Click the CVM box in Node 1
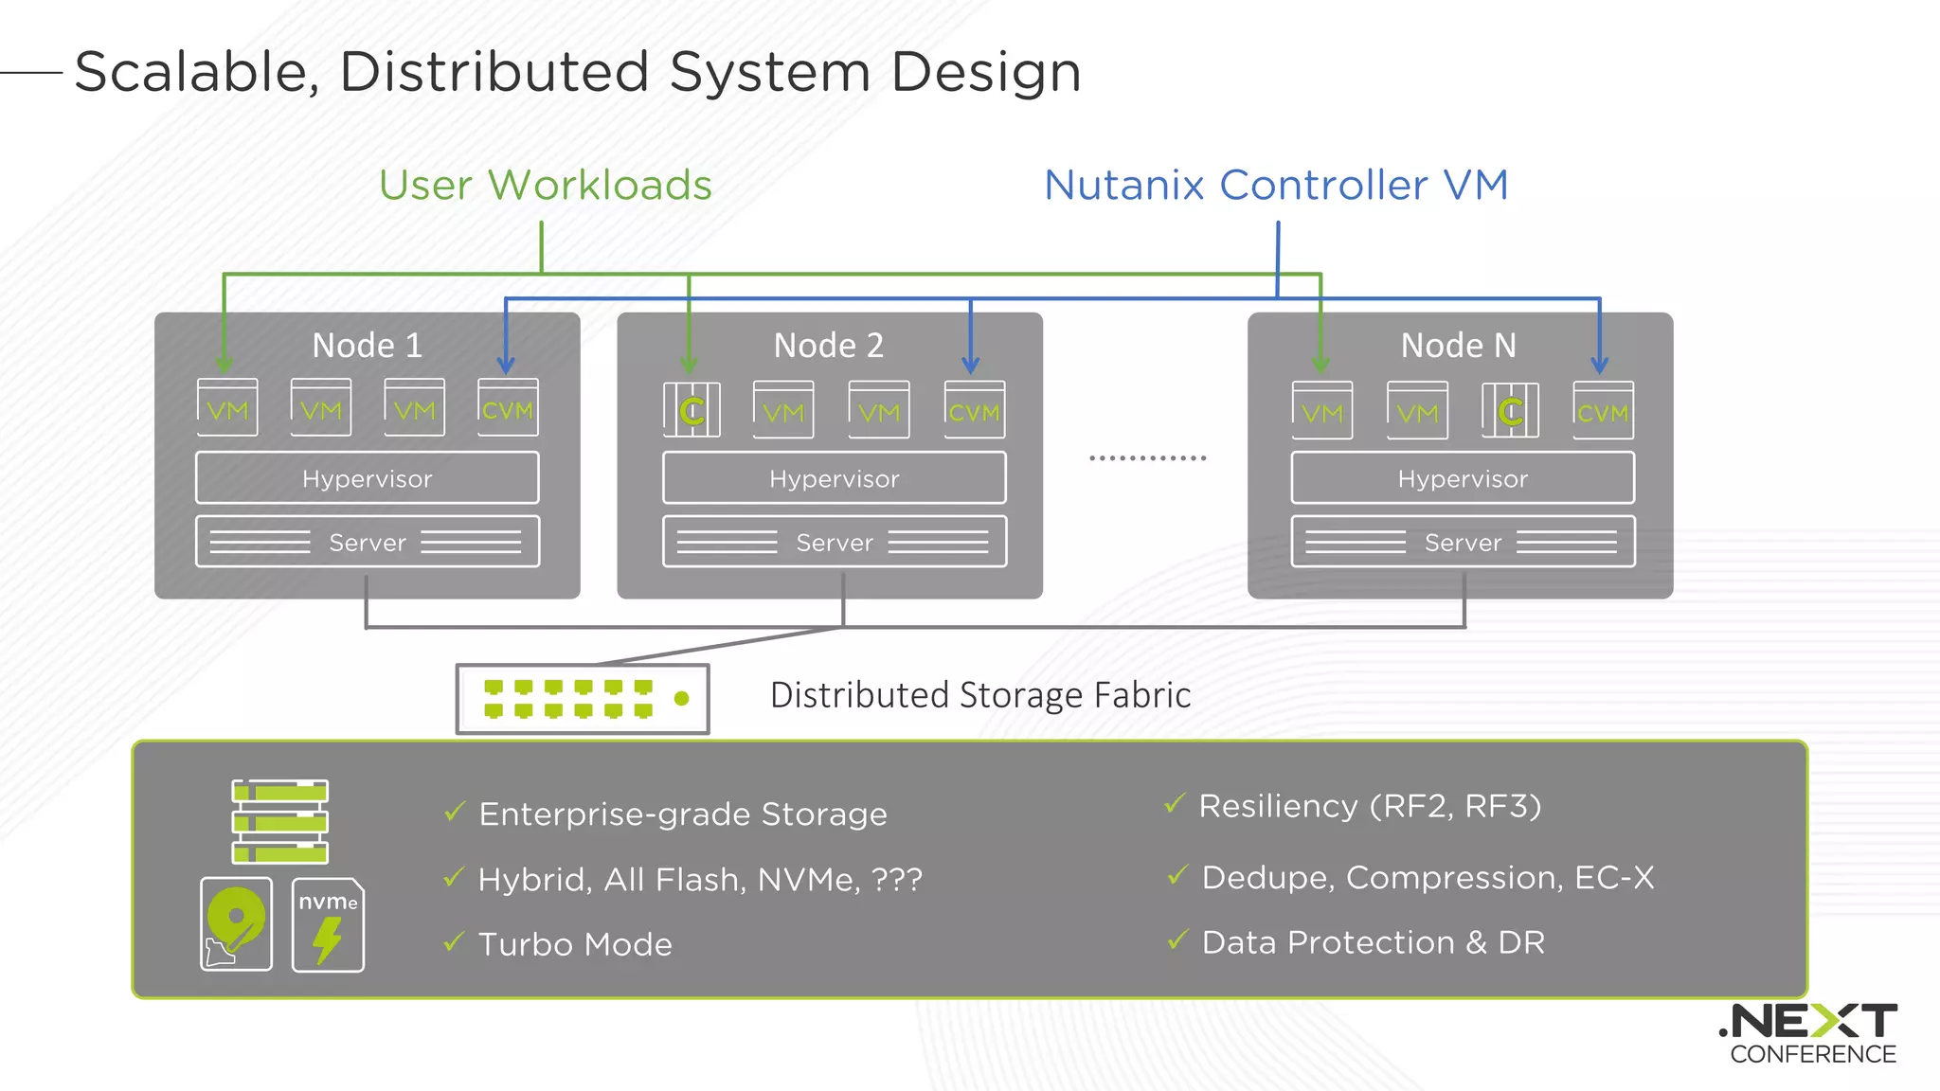click(x=508, y=408)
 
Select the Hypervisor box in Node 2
click(x=834, y=478)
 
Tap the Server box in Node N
click(x=1463, y=542)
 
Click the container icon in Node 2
click(x=692, y=410)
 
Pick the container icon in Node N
click(x=1510, y=411)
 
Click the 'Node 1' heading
click(x=368, y=346)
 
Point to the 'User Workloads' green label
click(x=546, y=185)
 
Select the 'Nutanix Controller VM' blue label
click(x=1276, y=185)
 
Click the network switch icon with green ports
click(x=583, y=699)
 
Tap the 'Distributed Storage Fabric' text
click(x=979, y=695)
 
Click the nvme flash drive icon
click(x=328, y=924)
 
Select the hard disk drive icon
click(x=236, y=923)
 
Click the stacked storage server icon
click(x=280, y=821)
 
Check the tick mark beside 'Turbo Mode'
click(x=455, y=941)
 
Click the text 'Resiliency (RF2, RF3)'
click(x=1370, y=806)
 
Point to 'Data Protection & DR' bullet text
click(x=1373, y=942)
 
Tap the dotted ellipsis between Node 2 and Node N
click(x=1147, y=458)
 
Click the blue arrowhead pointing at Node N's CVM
click(x=1599, y=366)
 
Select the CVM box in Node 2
click(x=974, y=411)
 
